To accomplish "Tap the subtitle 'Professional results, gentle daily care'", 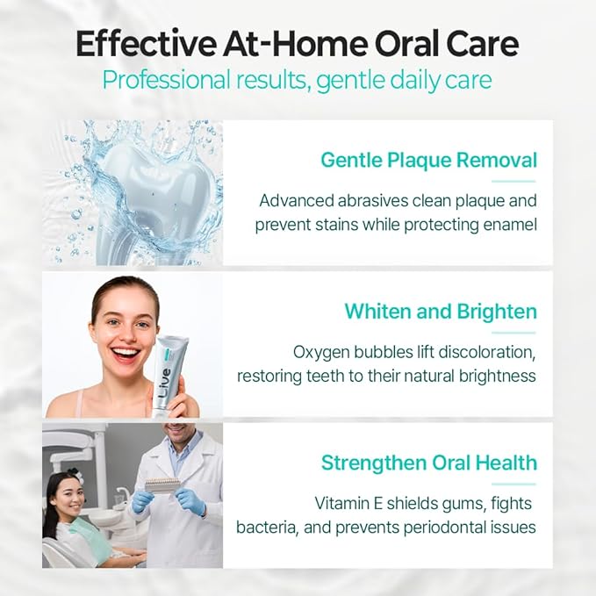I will (298, 80).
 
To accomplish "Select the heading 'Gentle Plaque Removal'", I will (428, 161).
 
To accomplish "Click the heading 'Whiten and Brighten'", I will (441, 312).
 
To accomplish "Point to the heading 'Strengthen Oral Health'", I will (428, 463).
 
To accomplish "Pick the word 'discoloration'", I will (485, 352).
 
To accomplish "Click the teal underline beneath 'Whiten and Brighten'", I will (513, 332).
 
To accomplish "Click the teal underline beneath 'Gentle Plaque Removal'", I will (513, 181).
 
